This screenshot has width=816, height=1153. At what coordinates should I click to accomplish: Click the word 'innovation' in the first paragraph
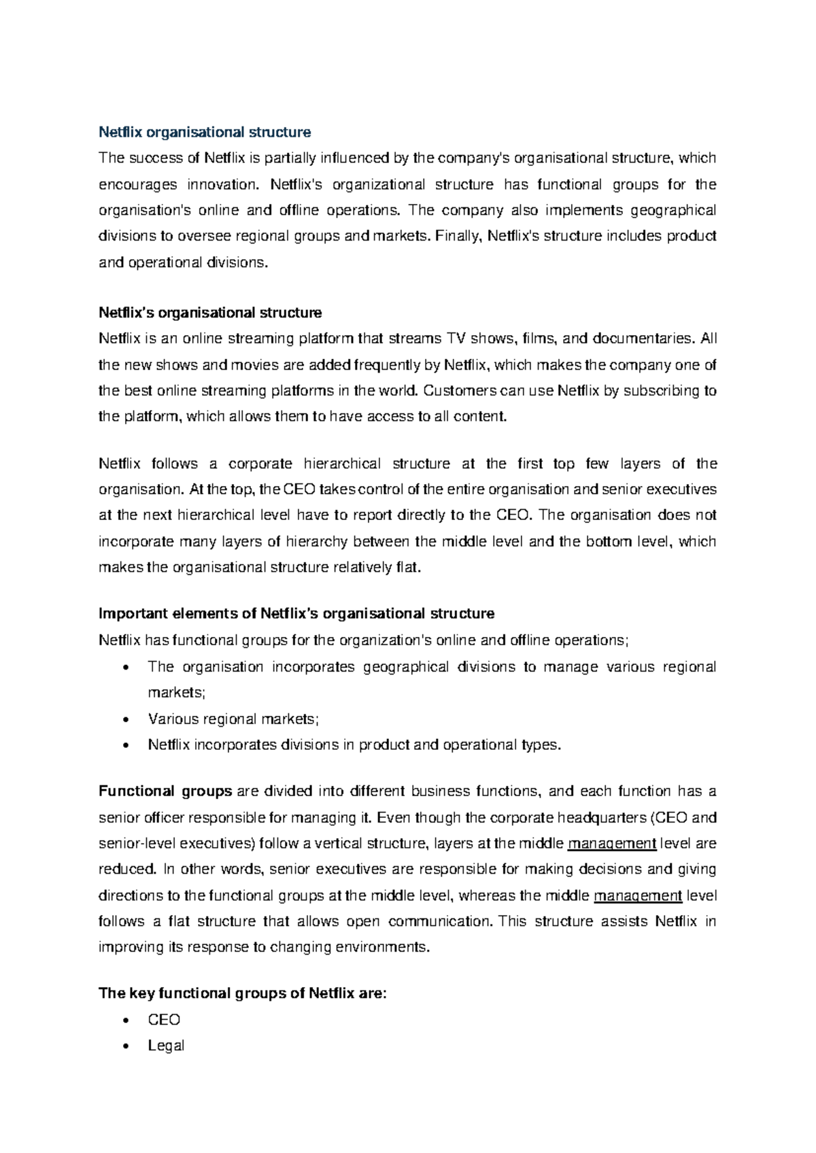coord(224,184)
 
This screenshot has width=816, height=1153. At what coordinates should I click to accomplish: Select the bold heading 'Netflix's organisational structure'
coord(210,313)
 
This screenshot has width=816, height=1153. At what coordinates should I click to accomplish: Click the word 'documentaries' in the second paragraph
coord(643,339)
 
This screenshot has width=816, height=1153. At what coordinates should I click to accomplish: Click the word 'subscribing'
coord(653,391)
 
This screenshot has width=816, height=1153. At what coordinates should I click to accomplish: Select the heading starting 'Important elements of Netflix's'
coord(296,613)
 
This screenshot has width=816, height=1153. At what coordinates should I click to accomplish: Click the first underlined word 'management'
coord(611,844)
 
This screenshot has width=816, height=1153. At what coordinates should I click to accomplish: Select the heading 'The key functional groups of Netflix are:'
coord(243,993)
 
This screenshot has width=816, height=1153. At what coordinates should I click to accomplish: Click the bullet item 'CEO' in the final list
coord(164,1020)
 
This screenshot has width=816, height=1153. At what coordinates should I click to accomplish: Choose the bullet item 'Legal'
coord(166,1046)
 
